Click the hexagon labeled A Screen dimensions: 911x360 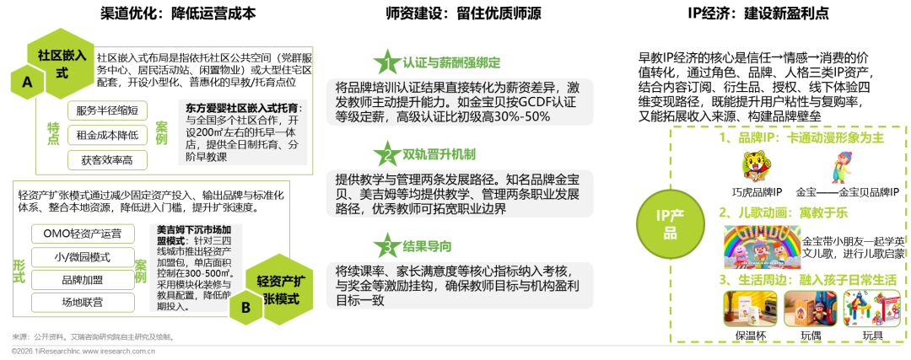(27, 83)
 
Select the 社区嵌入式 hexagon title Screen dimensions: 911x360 (62, 63)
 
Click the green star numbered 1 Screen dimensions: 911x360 (387, 62)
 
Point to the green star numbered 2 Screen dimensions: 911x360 (387, 155)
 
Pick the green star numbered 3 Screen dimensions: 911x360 (387, 247)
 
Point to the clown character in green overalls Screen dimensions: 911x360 (840, 166)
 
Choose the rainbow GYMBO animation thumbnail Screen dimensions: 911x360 (762, 247)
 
